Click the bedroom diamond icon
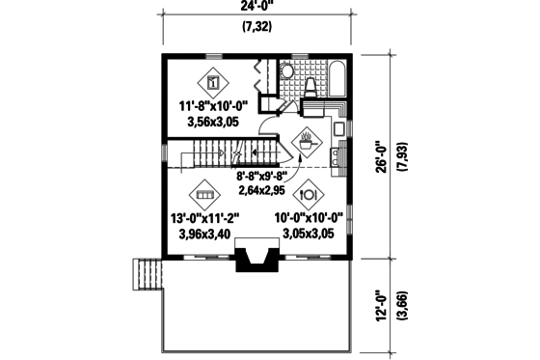[213, 80]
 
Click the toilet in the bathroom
[310, 88]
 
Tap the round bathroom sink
[286, 72]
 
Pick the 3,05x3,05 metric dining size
[309, 234]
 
